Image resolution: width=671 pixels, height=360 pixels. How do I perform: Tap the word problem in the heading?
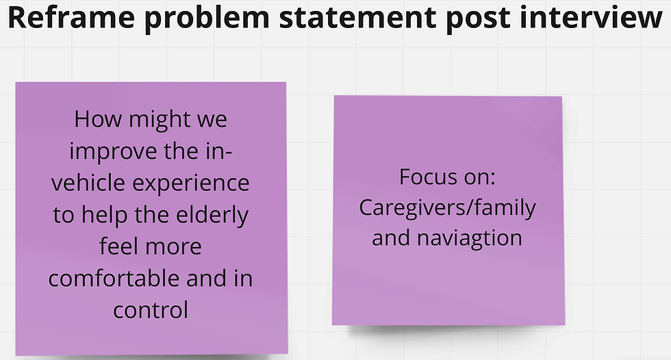tap(207, 18)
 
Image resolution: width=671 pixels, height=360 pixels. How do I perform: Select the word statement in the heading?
tap(357, 18)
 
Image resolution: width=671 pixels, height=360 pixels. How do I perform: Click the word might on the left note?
tap(160, 120)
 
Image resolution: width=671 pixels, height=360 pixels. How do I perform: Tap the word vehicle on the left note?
tap(88, 183)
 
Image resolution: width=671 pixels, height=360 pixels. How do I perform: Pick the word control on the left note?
tap(151, 310)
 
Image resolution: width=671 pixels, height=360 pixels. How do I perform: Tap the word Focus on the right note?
tap(422, 177)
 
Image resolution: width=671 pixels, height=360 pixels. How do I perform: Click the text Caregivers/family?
tap(447, 209)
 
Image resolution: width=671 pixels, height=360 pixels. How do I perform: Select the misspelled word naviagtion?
tap(470, 238)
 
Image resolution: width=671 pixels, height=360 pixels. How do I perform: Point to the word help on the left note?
tap(104, 215)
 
